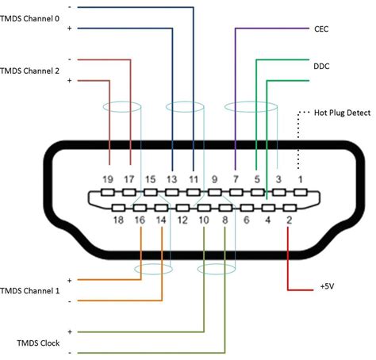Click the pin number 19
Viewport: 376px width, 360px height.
click(109, 180)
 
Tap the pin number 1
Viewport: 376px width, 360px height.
click(299, 180)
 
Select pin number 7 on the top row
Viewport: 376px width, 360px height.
click(236, 180)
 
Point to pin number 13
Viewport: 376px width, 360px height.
click(171, 180)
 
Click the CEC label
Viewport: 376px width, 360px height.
click(321, 29)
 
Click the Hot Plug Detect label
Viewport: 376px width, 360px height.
click(343, 113)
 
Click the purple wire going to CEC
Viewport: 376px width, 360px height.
click(236, 95)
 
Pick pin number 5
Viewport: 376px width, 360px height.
click(256, 180)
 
